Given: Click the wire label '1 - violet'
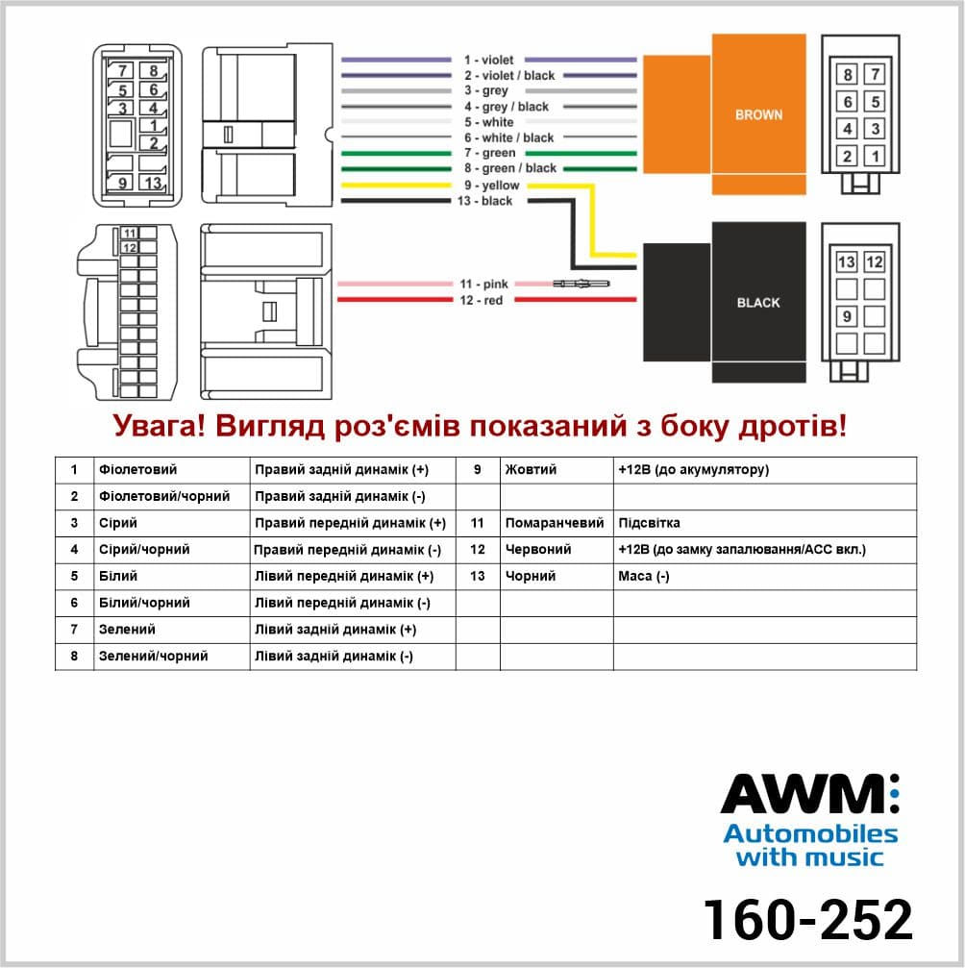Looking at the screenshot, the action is pos(488,60).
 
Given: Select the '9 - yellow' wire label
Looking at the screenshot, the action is pos(491,186).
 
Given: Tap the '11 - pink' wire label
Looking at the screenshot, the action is pos(483,284).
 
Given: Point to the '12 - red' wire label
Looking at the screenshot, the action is pos(481,300).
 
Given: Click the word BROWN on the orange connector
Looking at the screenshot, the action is pos(758,114).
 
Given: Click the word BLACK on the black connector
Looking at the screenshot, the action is pos(758,303).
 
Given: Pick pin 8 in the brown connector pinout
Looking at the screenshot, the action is pos(848,75).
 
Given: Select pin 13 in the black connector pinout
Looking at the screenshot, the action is pos(847,262).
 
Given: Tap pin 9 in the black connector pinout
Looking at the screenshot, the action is pos(847,316).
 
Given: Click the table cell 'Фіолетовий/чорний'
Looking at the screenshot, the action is pos(164,496).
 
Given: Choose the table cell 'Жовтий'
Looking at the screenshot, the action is pos(531,470).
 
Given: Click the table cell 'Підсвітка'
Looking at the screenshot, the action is pos(649,523).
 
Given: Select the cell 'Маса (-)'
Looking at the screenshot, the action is pos(643,576).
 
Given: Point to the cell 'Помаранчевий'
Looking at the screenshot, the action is pos(555,523).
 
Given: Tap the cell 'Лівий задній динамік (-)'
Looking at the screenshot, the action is pos(334,657).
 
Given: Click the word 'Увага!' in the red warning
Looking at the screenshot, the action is pos(159,426).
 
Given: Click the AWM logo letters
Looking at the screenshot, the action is pos(808,794).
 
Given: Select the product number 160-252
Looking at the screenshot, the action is pos(807,920).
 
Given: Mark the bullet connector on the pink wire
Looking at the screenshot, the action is pos(581,284).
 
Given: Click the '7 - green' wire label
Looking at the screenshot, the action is pos(489,153).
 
